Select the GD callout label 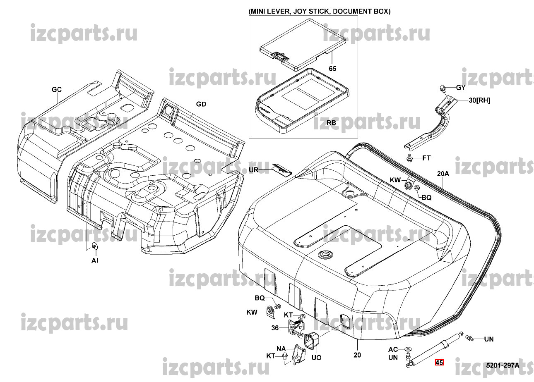click(201, 104)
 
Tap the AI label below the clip click(95, 260)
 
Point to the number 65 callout click(333, 68)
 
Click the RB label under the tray click(331, 123)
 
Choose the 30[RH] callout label click(479, 100)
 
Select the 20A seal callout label click(443, 174)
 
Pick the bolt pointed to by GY click(443, 88)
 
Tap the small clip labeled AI click(95, 246)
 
